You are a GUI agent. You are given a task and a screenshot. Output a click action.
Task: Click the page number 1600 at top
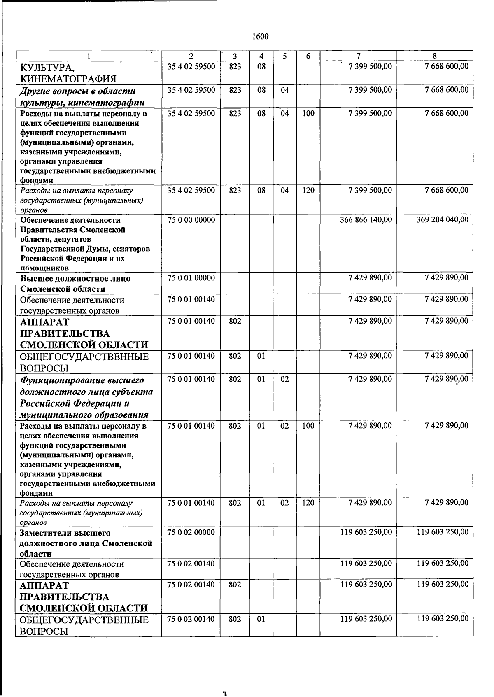click(x=260, y=37)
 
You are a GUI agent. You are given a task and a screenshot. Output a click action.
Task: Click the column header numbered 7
click(x=358, y=56)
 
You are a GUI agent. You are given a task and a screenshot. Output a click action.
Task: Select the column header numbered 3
click(x=235, y=56)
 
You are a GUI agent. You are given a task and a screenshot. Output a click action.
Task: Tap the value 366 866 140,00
click(x=366, y=220)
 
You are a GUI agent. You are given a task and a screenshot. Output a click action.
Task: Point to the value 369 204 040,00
click(x=442, y=220)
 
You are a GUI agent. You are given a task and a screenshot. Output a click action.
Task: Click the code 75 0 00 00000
click(x=191, y=220)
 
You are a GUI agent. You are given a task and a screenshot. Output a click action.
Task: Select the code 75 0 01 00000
click(x=191, y=278)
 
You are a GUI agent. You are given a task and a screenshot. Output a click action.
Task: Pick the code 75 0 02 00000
click(x=191, y=532)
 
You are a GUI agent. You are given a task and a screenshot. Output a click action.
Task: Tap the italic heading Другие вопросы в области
click(x=78, y=91)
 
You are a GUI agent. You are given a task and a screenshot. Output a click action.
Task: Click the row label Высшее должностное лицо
click(x=75, y=278)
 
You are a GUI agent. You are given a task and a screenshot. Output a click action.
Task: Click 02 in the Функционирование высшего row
click(x=285, y=379)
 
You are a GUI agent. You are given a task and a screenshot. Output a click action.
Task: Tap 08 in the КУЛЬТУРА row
click(x=261, y=66)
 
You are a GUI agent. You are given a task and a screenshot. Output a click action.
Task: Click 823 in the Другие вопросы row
click(x=235, y=90)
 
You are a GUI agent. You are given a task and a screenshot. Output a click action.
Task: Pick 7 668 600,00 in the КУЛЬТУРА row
click(x=446, y=66)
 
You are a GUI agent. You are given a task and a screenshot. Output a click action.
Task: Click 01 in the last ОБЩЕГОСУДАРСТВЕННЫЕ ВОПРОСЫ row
click(x=261, y=618)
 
